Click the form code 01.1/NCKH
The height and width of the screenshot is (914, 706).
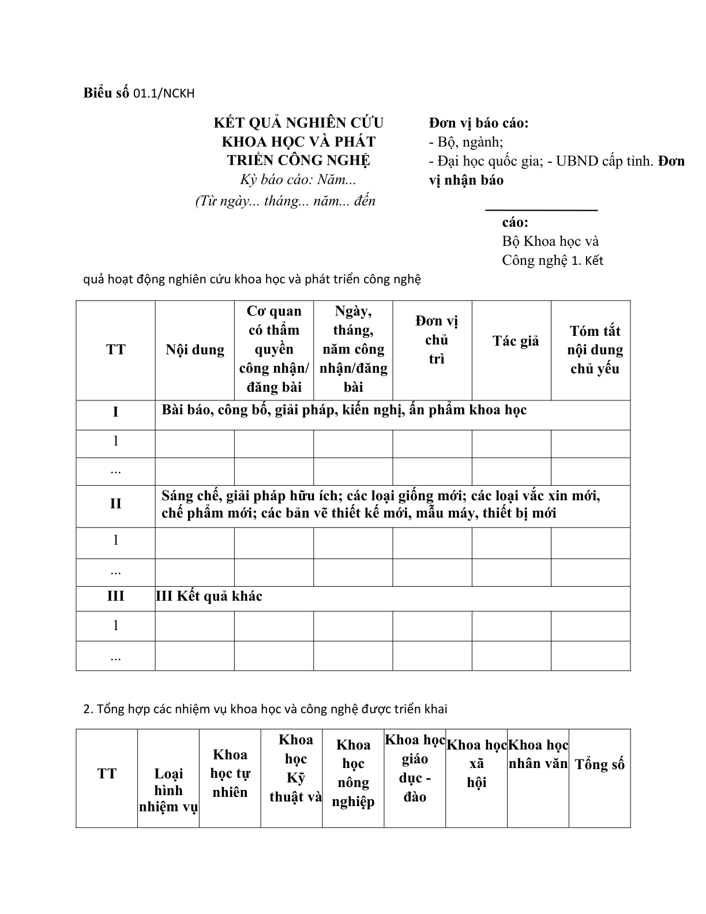click(164, 93)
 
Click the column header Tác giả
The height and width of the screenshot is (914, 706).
click(516, 341)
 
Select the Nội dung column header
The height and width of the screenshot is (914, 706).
click(195, 350)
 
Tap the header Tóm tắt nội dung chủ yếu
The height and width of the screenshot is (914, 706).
click(595, 350)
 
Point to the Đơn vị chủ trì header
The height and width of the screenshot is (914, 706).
click(437, 340)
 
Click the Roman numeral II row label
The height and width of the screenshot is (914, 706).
click(115, 504)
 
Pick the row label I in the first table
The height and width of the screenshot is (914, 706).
click(115, 412)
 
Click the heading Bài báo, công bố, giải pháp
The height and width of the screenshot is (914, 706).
click(344, 410)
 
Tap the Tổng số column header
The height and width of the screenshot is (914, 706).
click(600, 765)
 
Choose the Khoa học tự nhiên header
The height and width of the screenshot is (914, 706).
click(230, 773)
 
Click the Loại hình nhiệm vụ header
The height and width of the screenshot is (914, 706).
click(168, 790)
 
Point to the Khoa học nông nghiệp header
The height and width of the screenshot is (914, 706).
click(353, 773)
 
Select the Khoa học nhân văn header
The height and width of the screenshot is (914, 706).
click(538, 754)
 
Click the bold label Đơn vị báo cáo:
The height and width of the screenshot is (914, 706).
click(479, 123)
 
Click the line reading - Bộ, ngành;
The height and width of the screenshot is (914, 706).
click(466, 142)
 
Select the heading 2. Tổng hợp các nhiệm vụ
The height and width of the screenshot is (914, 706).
click(265, 709)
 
